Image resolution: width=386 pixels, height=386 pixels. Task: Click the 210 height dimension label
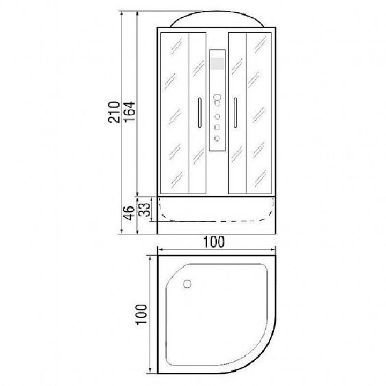[x=114, y=112]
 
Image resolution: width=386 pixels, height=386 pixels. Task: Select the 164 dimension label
[x=130, y=112]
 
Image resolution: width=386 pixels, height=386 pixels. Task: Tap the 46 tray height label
[x=129, y=213]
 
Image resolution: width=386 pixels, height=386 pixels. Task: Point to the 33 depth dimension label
[x=144, y=209]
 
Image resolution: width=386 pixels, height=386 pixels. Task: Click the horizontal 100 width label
[x=214, y=242]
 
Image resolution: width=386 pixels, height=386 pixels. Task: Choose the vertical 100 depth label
[x=142, y=314]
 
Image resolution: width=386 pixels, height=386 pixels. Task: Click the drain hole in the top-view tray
[x=187, y=284]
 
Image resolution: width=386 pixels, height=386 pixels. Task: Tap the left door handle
[x=199, y=113]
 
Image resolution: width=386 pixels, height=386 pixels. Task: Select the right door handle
[x=235, y=113]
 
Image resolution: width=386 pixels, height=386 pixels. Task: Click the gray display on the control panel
[x=217, y=63]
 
